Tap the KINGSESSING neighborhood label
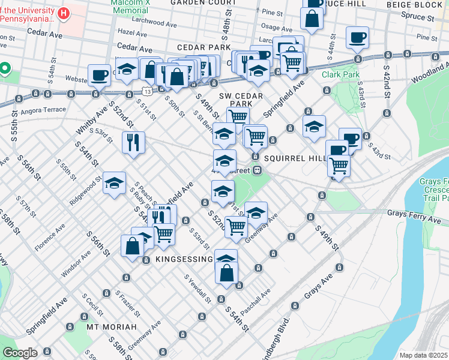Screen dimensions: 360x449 [184, 259]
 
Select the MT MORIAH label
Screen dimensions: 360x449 [111, 327]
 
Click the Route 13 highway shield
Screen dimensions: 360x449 [147, 91]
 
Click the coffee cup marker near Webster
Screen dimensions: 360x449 [99, 76]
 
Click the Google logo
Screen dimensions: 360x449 [20, 353]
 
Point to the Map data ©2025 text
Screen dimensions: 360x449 [423, 355]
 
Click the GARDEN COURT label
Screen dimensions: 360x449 [195, 2]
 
